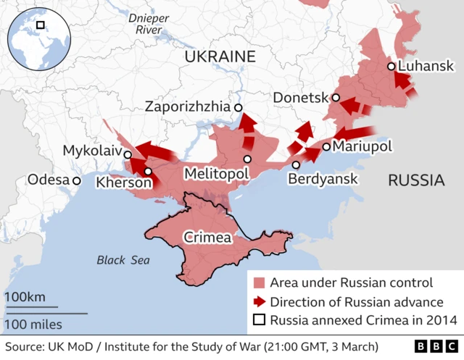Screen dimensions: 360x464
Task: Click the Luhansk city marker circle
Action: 391,66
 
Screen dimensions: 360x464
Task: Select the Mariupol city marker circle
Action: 326,146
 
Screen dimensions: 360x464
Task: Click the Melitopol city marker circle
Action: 247,159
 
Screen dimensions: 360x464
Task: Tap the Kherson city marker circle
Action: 148,172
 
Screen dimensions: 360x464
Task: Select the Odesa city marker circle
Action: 76,180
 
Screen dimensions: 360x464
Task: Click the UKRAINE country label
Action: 220,56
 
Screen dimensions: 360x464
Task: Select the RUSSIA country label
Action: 415,180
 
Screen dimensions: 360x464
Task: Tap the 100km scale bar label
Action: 25,298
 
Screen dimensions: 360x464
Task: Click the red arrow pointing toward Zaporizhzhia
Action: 247,125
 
